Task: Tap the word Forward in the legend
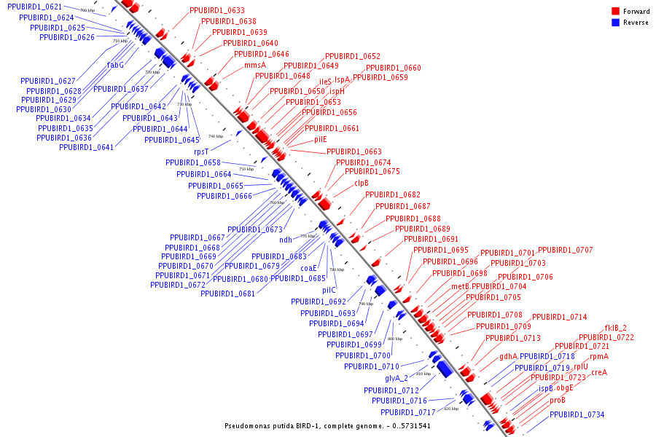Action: (636, 12)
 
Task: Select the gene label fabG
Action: (116, 65)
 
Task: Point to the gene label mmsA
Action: (255, 65)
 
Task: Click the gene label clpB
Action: (362, 184)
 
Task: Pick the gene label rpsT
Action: (201, 151)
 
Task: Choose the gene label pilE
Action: (321, 139)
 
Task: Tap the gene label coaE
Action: (309, 268)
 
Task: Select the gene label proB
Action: (558, 400)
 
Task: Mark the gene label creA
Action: (599, 372)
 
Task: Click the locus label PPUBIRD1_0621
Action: (35, 7)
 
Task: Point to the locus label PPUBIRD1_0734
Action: (577, 414)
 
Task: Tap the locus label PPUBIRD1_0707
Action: (566, 250)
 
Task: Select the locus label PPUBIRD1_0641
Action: (87, 147)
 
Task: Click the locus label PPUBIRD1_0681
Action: (228, 294)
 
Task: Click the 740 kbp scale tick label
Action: (216, 136)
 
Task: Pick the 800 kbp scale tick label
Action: (394, 339)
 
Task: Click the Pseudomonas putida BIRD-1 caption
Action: (327, 425)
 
